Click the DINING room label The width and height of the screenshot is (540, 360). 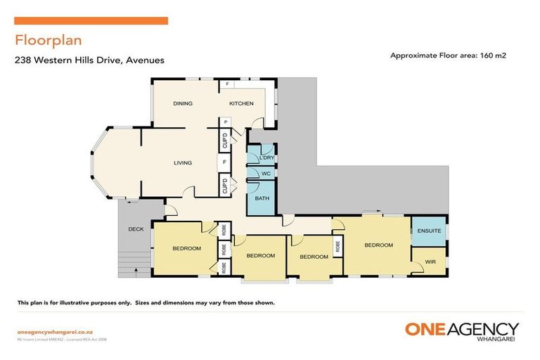(x=183, y=103)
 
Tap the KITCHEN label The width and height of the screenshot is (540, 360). (x=241, y=103)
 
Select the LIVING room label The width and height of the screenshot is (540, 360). (x=183, y=163)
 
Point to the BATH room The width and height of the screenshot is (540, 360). (x=262, y=198)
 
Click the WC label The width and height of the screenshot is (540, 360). (x=265, y=173)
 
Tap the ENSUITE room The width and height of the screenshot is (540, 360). (x=429, y=230)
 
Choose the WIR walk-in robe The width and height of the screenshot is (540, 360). (x=430, y=262)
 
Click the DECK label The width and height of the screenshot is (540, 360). (x=136, y=229)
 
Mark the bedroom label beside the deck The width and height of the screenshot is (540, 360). (x=187, y=248)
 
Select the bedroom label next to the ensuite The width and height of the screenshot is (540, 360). (x=378, y=245)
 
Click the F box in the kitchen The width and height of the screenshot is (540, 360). (x=228, y=85)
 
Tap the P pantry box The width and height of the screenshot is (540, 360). (x=225, y=122)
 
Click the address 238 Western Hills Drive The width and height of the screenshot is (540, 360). (x=89, y=60)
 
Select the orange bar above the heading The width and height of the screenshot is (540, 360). (x=91, y=21)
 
